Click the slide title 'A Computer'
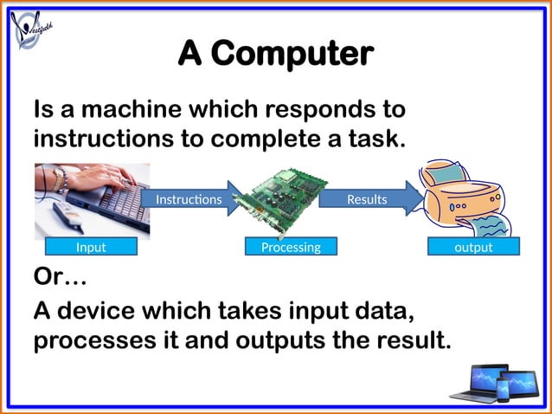click(x=275, y=54)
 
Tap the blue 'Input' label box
click(x=91, y=247)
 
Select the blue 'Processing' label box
click(x=291, y=247)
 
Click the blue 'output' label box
click(x=473, y=247)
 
